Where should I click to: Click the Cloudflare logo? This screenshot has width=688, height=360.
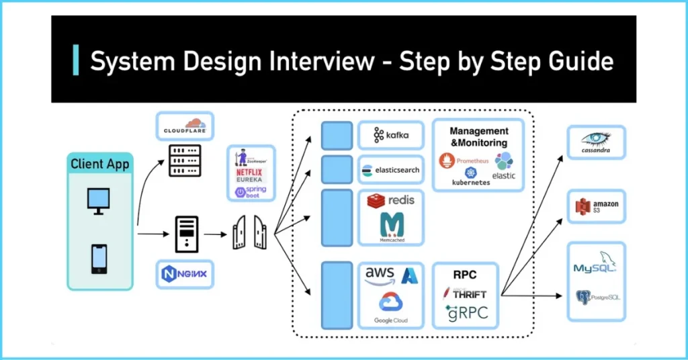tap(185, 126)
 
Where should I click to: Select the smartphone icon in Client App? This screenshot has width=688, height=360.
tap(99, 259)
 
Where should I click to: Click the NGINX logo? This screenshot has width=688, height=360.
tap(185, 274)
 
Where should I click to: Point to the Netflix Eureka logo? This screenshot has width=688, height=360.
tap(251, 176)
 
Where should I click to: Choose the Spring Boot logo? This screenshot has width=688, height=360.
tap(251, 192)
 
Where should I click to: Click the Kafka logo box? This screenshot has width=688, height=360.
tap(390, 136)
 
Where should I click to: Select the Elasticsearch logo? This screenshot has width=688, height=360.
tap(390, 170)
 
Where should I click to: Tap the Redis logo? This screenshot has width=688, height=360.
tap(390, 200)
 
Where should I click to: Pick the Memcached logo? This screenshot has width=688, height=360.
tap(390, 226)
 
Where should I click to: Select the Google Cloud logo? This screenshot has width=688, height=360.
tap(390, 306)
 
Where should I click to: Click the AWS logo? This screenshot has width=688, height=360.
tap(380, 275)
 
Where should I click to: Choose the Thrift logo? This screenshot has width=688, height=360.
tap(466, 293)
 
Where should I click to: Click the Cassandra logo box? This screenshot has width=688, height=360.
tap(596, 142)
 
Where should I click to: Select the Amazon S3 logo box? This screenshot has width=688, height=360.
tap(596, 207)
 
